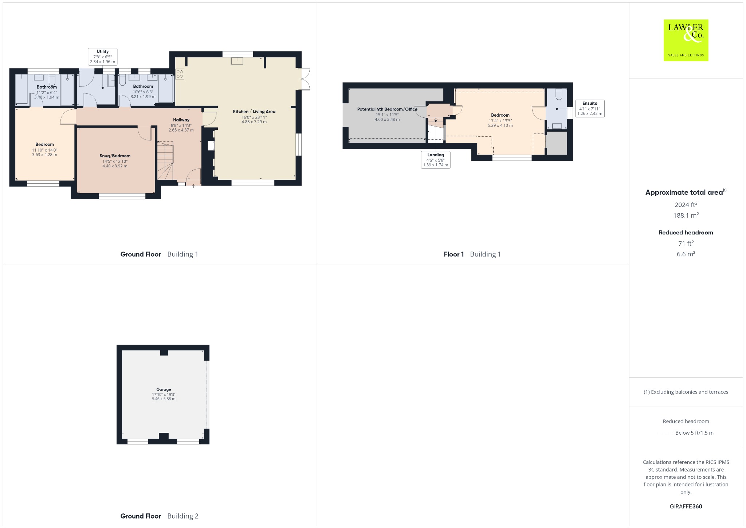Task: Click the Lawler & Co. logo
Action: click(686, 40)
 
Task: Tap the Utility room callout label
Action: click(103, 57)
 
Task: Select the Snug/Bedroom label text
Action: click(115, 156)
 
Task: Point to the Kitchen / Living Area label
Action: click(254, 112)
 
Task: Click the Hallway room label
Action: click(181, 120)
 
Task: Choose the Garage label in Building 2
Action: click(164, 389)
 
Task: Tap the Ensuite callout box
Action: click(590, 108)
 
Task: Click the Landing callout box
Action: click(436, 160)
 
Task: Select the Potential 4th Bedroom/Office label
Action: click(387, 109)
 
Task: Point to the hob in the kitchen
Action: click(180, 74)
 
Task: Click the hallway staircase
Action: click(165, 161)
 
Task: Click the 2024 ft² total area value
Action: click(686, 205)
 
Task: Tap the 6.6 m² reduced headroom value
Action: click(686, 254)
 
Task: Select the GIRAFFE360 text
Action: click(686, 506)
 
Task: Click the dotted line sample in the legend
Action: click(665, 433)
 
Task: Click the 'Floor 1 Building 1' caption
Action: click(472, 254)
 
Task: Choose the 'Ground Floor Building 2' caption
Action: click(159, 516)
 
